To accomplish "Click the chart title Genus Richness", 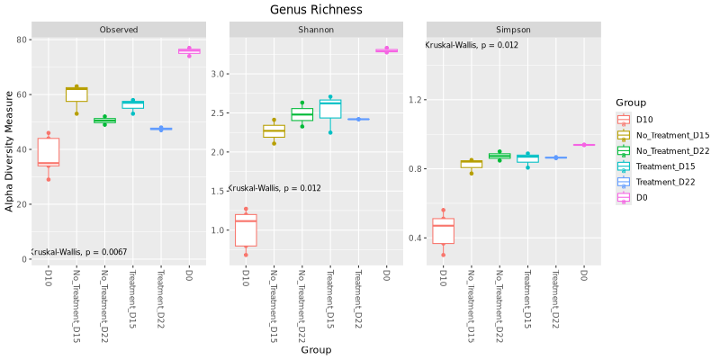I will tap(316, 10).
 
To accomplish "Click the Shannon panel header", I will tap(316, 30).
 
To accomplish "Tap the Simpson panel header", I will tap(513, 30).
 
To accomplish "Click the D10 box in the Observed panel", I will tap(48, 153).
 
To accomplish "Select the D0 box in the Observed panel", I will tap(189, 51).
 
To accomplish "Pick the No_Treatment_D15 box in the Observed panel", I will tap(76, 94).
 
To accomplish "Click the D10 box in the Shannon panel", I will tap(245, 229).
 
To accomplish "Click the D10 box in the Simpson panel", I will tap(443, 231).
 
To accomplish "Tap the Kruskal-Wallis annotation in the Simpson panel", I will tap(472, 45).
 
